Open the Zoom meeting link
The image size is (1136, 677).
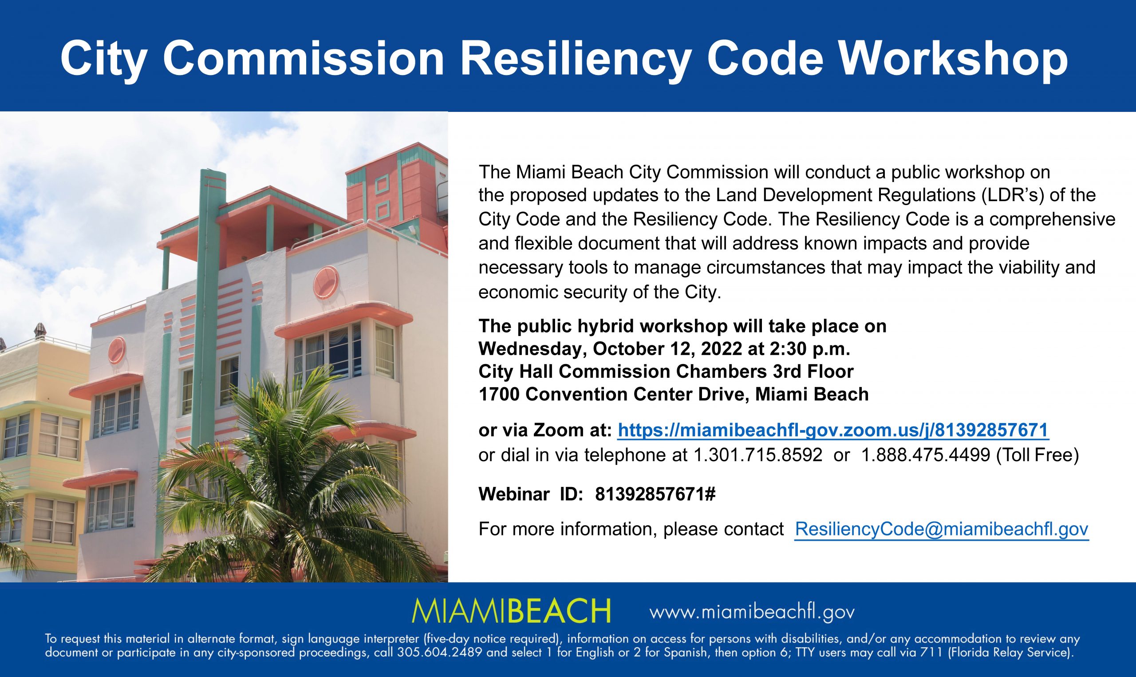pyautogui.click(x=833, y=430)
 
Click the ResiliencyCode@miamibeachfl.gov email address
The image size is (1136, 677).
pyautogui.click(x=942, y=529)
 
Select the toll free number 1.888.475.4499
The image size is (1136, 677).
pyautogui.click(x=925, y=455)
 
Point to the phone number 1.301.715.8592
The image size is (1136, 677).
pyautogui.click(x=757, y=455)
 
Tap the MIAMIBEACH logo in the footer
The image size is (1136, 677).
pyautogui.click(x=511, y=611)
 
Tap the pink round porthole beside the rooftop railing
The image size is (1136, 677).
pyautogui.click(x=327, y=281)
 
